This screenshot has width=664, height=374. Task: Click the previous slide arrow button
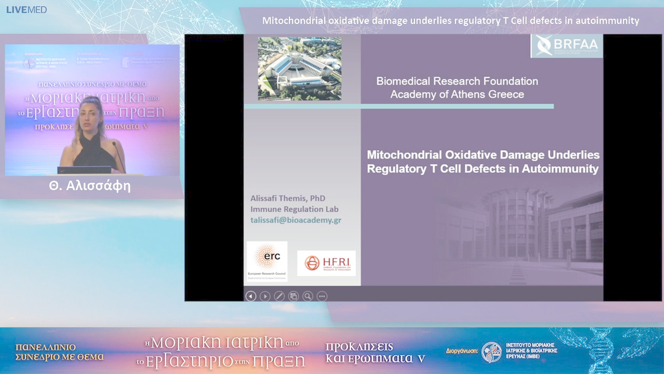250,296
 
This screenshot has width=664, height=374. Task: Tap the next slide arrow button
265,296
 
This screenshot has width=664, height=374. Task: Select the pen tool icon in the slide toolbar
279,296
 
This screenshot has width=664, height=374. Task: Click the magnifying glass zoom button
307,296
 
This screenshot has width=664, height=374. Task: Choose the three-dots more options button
322,296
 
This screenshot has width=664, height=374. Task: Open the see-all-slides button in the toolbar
293,296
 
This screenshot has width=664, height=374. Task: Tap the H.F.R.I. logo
326,263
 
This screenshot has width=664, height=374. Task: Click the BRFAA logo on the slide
567,46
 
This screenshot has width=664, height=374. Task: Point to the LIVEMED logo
26,10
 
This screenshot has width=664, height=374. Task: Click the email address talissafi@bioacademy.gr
296,220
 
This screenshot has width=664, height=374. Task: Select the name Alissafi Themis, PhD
288,199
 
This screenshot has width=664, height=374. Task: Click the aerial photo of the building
299,68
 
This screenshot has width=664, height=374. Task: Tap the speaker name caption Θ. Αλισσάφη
90,186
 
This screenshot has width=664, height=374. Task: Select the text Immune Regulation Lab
294,209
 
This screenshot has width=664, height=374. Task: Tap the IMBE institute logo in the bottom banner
491,352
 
